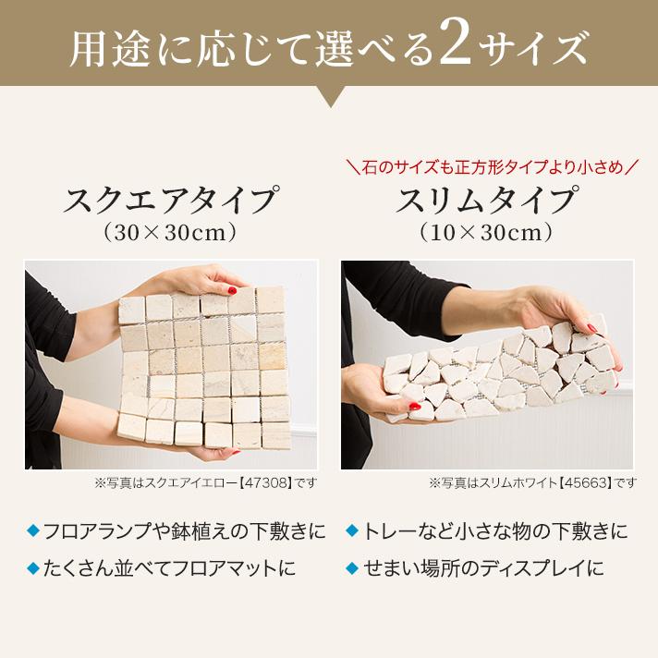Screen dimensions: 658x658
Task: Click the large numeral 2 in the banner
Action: pyautogui.click(x=455, y=46)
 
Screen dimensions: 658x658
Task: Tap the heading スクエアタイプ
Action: pyautogui.click(x=171, y=200)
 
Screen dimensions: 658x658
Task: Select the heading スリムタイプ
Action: pyautogui.click(x=487, y=200)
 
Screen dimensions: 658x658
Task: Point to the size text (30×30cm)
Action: pyautogui.click(x=171, y=233)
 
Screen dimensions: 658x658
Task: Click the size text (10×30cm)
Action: pyautogui.click(x=487, y=233)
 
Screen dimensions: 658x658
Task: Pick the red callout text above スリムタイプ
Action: pyautogui.click(x=487, y=167)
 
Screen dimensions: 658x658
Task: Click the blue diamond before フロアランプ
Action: pyautogui.click(x=33, y=530)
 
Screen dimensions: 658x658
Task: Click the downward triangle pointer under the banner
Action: pyautogui.click(x=329, y=96)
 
